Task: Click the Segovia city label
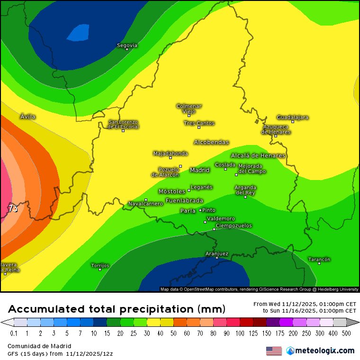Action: point(127,45)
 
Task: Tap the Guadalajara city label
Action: point(292,117)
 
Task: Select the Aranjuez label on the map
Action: point(217,253)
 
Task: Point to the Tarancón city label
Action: point(319,259)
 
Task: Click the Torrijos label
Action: point(100,265)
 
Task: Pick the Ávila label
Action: point(28,116)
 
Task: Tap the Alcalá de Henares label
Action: point(258,155)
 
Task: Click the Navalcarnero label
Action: point(145,204)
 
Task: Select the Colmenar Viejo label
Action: point(189,108)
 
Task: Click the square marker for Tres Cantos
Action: point(199,127)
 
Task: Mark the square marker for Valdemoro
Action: point(205,222)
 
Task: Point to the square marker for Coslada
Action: point(225,169)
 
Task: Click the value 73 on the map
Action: point(13,208)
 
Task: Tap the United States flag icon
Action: point(274,351)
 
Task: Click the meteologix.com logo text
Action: point(324,351)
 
